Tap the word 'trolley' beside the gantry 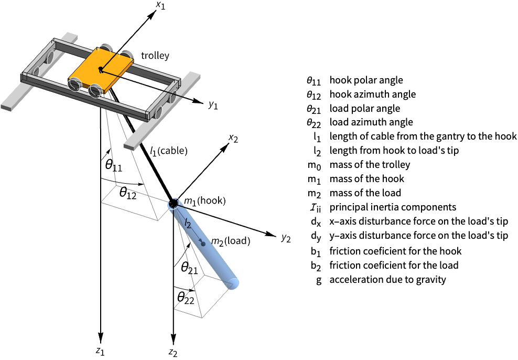tap(155, 55)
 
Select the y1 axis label tap(212, 105)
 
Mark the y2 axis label tap(285, 238)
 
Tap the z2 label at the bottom tap(173, 352)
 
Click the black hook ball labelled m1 tap(173, 204)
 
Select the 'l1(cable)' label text tap(168, 151)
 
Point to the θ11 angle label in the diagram tap(113, 165)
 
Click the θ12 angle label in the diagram tap(128, 194)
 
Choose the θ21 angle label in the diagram tap(189, 268)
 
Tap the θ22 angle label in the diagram tap(186, 298)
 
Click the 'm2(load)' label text tap(229, 241)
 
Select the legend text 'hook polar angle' tap(366, 81)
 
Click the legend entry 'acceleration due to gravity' tap(387, 279)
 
